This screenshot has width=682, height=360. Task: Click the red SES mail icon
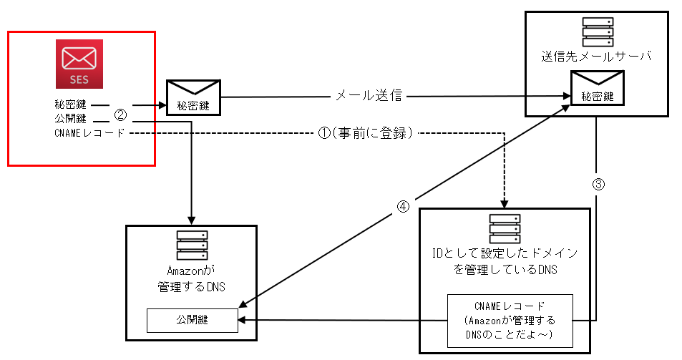pos(80,63)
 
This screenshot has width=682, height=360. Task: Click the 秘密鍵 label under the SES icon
pos(69,105)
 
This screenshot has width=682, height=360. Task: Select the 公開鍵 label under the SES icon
pos(69,119)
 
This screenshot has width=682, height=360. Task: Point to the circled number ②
pos(121,114)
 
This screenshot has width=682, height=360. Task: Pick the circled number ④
pos(404,206)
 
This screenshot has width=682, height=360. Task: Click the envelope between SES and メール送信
pos(193,97)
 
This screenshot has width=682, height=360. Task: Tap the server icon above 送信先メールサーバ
pos(596,31)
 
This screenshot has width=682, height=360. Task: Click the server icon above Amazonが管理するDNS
pos(192,245)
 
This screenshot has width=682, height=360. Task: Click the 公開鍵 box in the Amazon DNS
pos(192,320)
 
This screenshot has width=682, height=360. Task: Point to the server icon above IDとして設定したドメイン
pos(505,228)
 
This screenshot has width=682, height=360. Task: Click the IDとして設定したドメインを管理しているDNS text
pos(505,262)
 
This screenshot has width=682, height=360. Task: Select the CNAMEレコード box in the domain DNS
pos(510,319)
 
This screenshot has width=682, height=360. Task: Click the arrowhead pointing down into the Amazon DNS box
pos(192,218)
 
